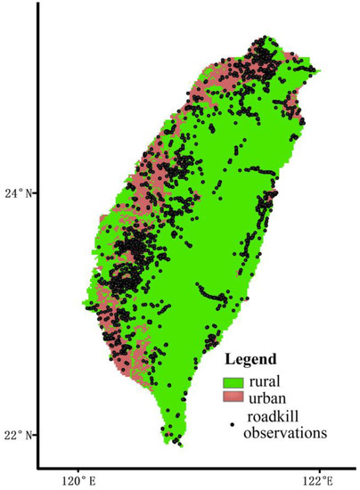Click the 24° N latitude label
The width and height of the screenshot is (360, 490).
(x=19, y=192)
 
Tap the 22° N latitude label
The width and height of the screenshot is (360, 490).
(x=19, y=435)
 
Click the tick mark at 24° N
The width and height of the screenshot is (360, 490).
(x=36, y=192)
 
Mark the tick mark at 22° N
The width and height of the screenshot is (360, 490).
(x=36, y=435)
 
